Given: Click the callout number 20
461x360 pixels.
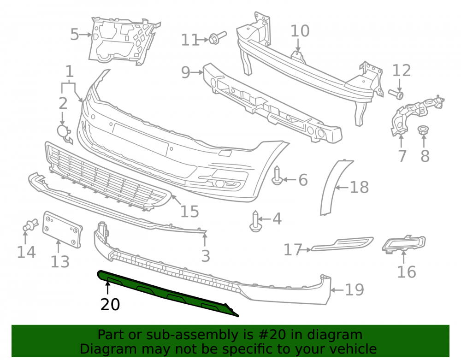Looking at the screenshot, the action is tap(110, 305).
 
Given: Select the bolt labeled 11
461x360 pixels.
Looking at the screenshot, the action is tap(218, 38).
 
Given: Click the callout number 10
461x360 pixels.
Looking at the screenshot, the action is tap(300, 31).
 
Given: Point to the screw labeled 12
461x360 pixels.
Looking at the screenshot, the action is tap(396, 94).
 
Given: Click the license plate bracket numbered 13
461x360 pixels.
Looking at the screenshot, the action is tap(62, 229).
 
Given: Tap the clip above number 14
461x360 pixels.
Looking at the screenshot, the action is tap(30, 225).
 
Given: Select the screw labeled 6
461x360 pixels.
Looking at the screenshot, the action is tap(277, 176).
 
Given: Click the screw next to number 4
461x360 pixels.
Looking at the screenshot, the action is tap(255, 221).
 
